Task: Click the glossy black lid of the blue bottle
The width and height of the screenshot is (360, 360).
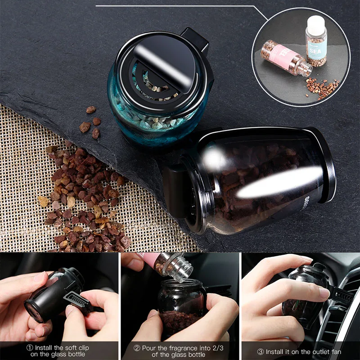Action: tap(164, 68)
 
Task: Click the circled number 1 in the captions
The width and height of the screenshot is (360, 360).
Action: tap(30, 348)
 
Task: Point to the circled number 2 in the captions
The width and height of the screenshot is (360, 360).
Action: tap(136, 348)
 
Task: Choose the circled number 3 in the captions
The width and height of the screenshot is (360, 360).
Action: tap(261, 351)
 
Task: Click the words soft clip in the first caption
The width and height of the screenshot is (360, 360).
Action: tap(76, 348)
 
